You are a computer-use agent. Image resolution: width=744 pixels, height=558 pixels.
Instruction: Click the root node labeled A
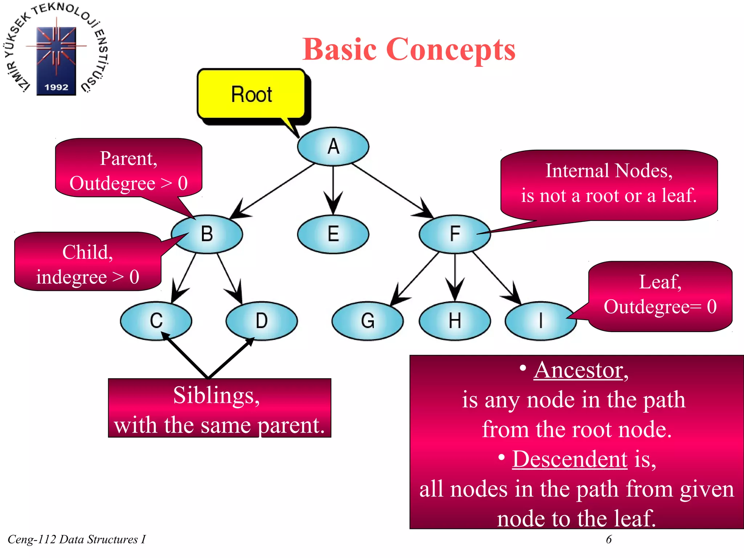click(333, 146)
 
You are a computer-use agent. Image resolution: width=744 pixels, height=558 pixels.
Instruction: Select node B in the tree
click(207, 234)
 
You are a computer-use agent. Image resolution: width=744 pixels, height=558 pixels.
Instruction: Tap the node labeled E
click(333, 234)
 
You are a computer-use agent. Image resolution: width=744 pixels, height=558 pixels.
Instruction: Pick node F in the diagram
click(455, 234)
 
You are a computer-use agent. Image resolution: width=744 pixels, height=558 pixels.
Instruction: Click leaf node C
click(156, 320)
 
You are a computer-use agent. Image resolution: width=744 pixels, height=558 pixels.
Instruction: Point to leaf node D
click(262, 320)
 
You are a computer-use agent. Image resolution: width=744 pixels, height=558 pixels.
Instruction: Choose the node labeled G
click(368, 320)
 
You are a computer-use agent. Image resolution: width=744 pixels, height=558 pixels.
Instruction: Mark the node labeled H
click(455, 320)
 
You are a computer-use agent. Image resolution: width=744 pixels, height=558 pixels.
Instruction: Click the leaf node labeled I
click(541, 320)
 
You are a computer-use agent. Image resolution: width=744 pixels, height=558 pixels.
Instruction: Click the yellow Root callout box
click(251, 94)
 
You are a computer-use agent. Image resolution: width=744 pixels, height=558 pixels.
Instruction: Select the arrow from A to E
click(333, 189)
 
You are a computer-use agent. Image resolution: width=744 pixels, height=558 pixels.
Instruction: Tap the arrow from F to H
click(455, 276)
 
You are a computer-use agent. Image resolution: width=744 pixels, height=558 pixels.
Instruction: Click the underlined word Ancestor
click(578, 371)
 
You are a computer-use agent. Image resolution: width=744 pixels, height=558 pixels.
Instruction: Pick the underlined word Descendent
click(570, 459)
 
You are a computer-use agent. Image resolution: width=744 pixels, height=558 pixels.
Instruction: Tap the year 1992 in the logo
click(56, 87)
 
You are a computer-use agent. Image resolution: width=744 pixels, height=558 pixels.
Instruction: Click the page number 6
click(609, 539)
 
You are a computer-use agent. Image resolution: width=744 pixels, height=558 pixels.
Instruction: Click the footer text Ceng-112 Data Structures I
click(76, 539)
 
